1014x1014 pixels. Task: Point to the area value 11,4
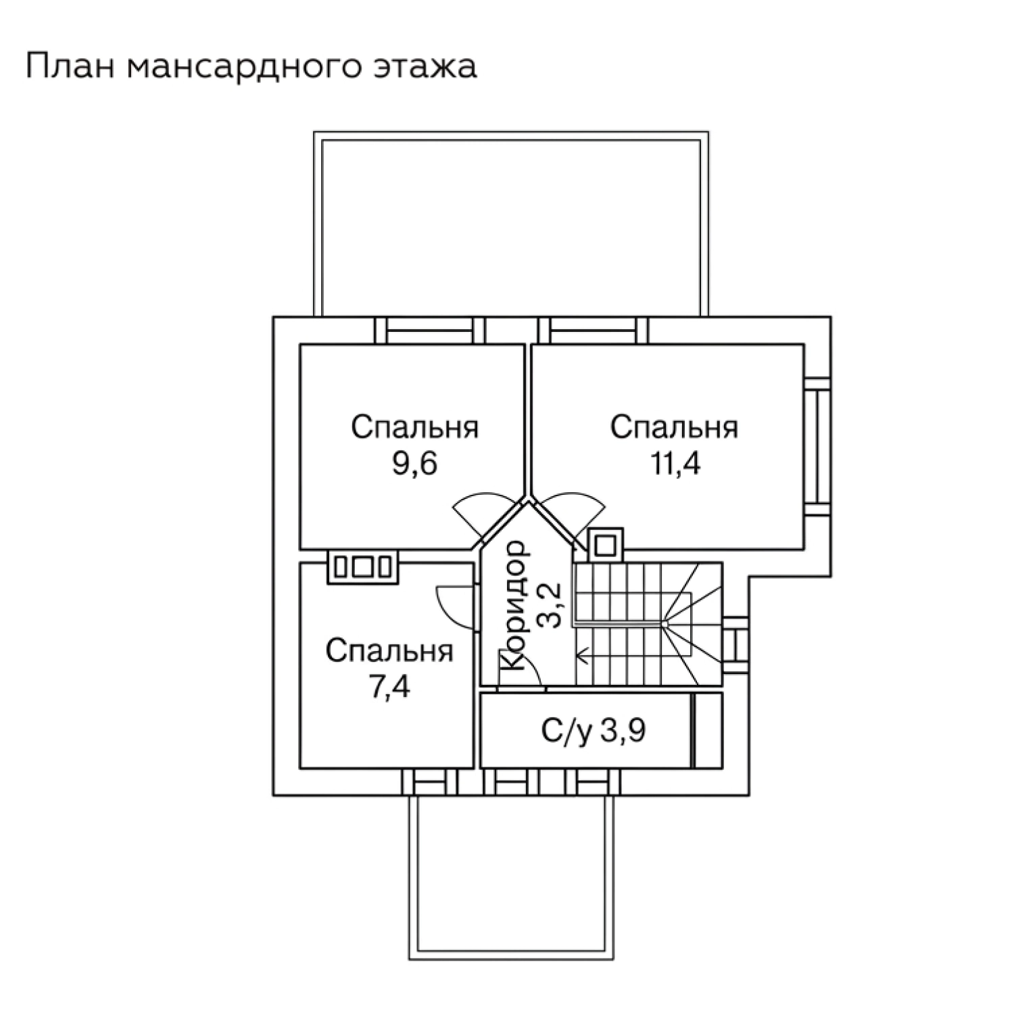tap(675, 464)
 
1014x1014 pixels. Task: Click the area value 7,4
tap(391, 688)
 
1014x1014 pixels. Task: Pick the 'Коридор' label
tap(513, 604)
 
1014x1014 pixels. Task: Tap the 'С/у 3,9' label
tap(592, 730)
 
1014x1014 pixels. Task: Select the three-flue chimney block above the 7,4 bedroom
tap(363, 566)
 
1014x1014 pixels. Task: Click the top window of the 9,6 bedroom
tap(430, 331)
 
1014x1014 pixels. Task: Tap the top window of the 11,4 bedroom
tap(593, 331)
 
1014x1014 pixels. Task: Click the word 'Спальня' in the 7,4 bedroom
tap(389, 652)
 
